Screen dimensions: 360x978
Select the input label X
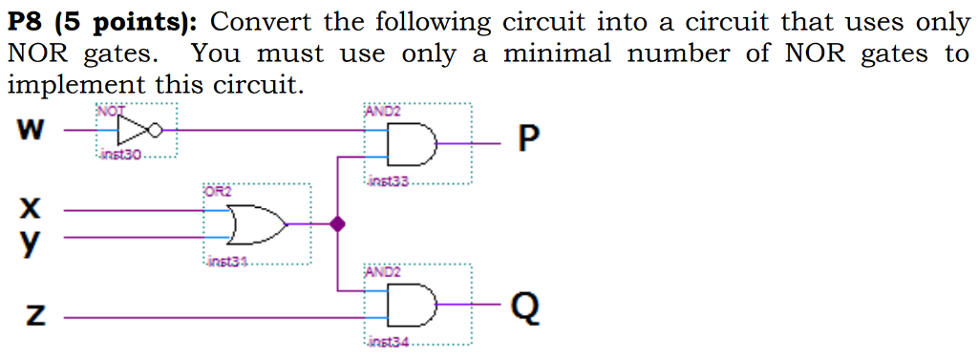click(x=31, y=206)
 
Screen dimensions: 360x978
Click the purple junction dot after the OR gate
click(x=336, y=224)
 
